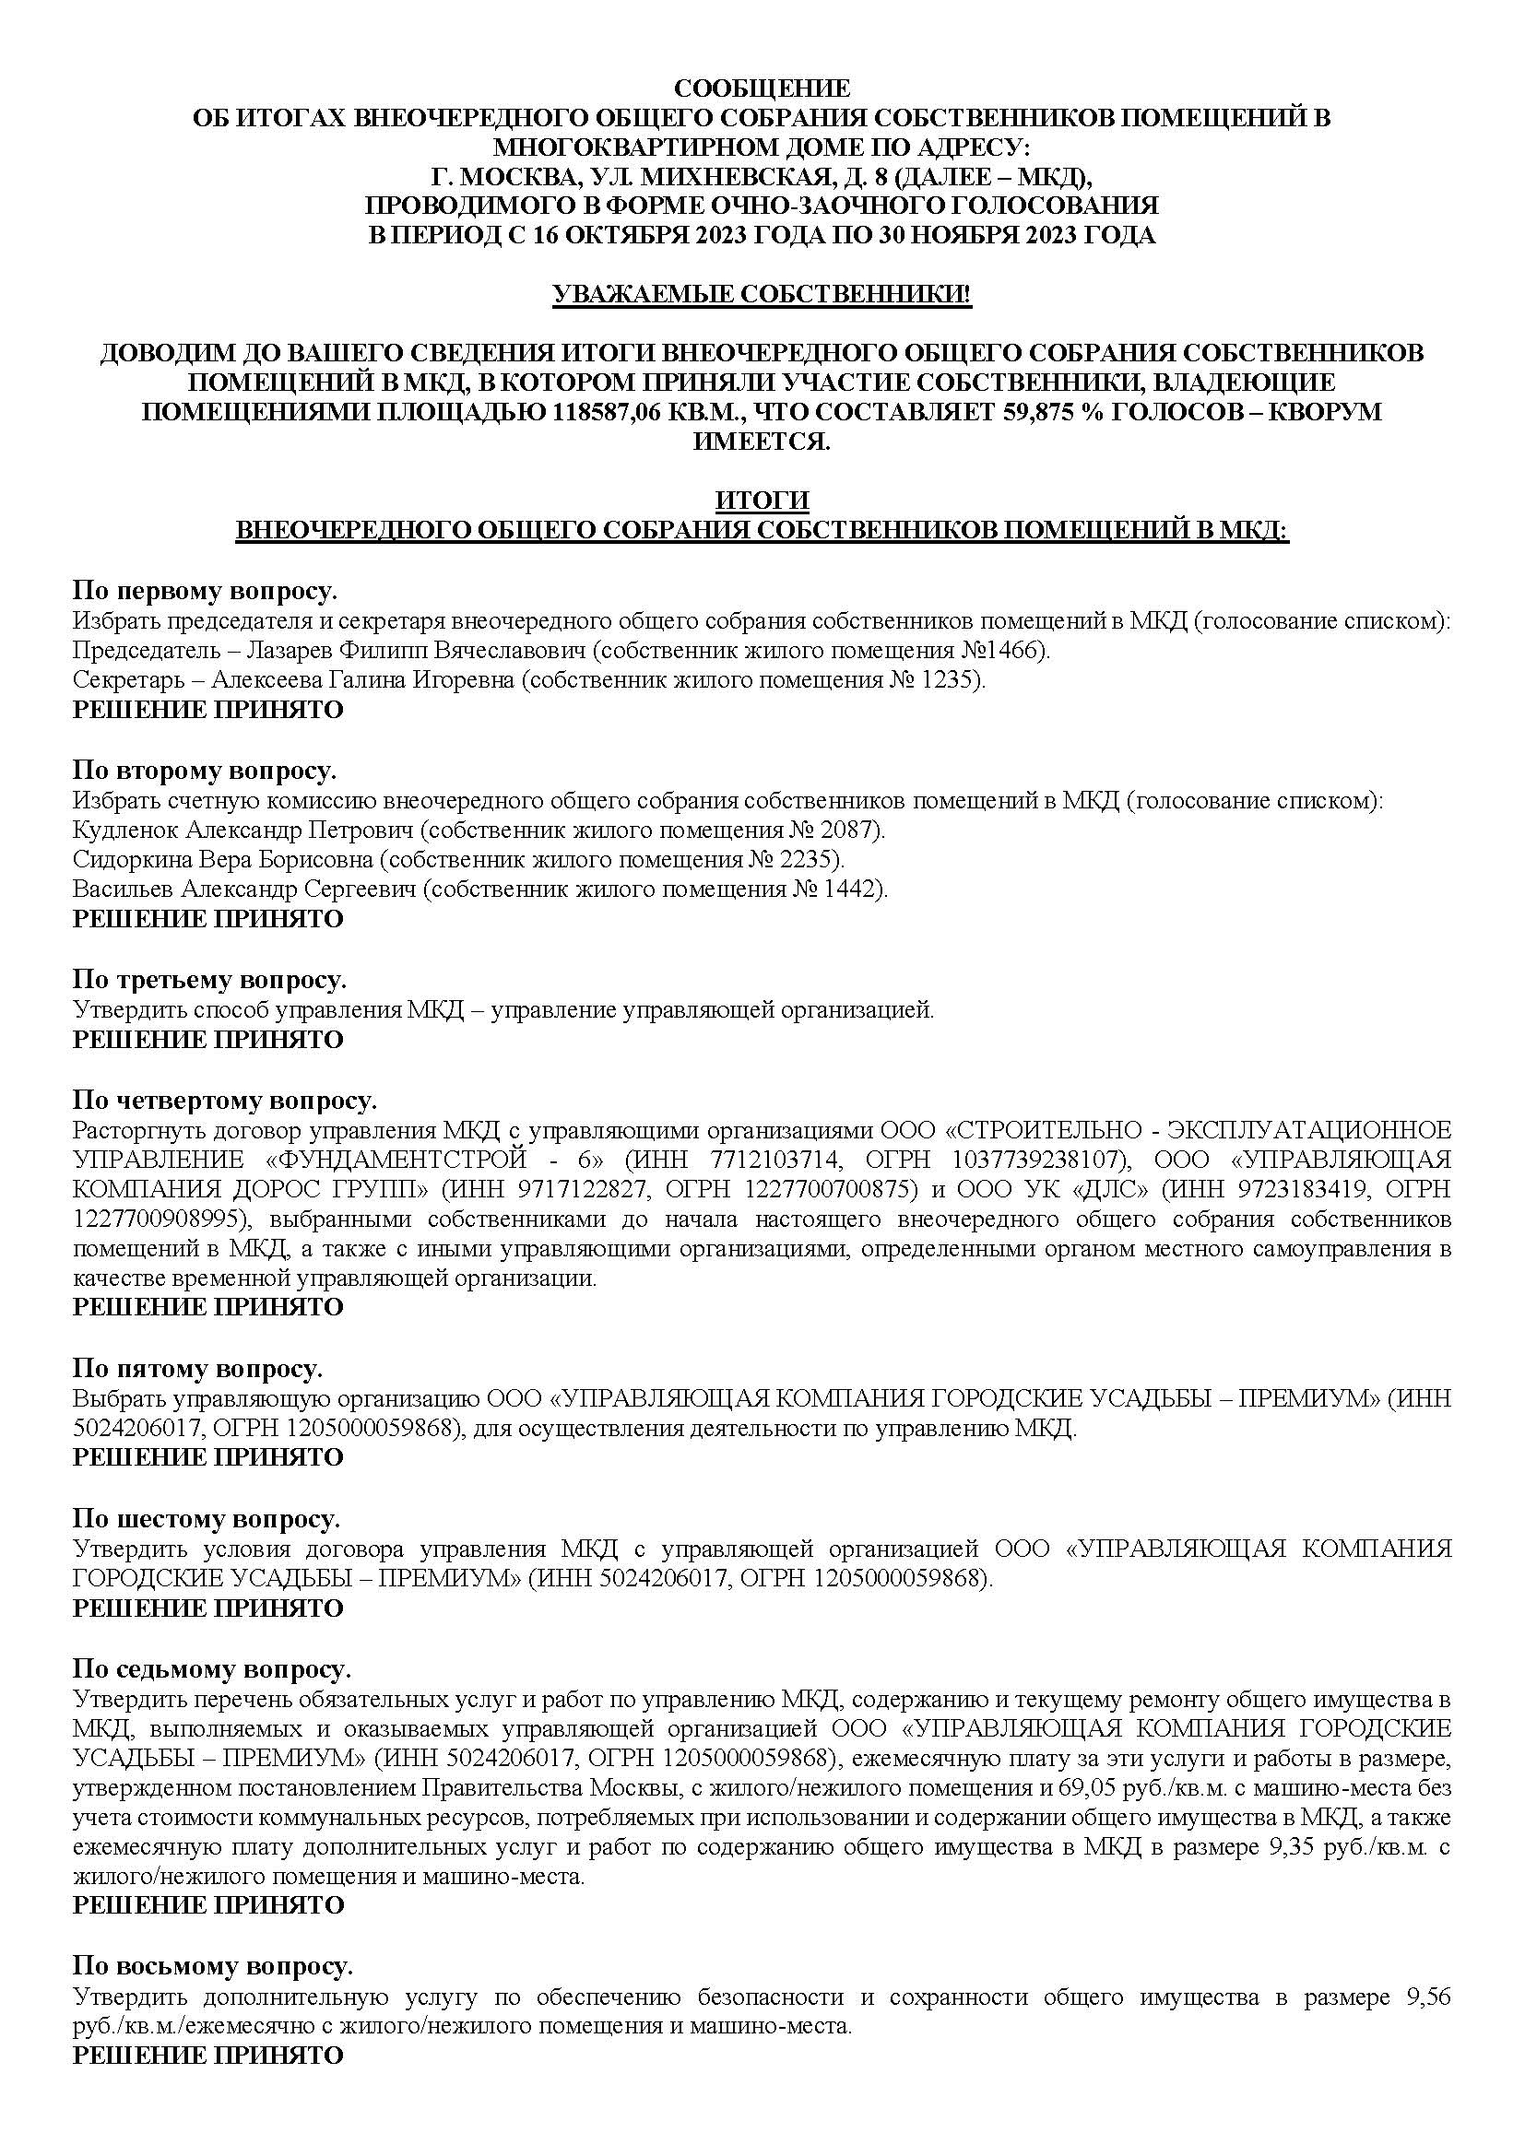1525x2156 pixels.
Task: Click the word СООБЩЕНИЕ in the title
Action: (762, 88)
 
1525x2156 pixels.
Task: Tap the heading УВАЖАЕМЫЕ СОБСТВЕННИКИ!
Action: (762, 294)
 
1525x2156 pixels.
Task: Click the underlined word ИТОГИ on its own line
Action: (762, 500)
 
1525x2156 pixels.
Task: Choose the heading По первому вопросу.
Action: (205, 592)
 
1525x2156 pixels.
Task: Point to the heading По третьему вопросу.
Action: (209, 980)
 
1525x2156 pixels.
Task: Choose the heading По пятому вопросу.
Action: (197, 1368)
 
